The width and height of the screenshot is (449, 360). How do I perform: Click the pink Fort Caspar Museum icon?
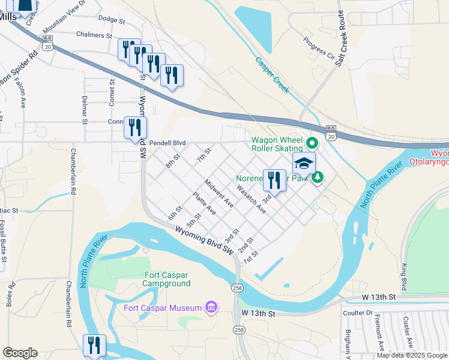(x=211, y=308)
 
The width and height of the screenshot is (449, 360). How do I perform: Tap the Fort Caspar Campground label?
(x=158, y=280)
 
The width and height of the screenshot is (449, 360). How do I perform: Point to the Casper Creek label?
(x=272, y=75)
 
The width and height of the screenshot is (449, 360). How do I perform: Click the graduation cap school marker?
(x=304, y=164)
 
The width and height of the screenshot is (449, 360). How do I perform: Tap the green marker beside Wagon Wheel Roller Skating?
(x=312, y=144)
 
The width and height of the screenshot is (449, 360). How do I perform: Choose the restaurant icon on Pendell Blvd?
(x=135, y=127)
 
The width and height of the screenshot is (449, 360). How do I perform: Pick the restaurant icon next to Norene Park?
(x=274, y=179)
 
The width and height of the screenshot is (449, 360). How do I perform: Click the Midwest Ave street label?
(x=218, y=193)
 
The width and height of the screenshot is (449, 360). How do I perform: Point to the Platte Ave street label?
(x=204, y=203)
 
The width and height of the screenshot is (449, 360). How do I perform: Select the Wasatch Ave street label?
(x=251, y=199)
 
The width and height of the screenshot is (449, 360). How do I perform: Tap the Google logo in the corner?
(x=20, y=353)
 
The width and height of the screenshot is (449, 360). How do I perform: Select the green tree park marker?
(x=318, y=177)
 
